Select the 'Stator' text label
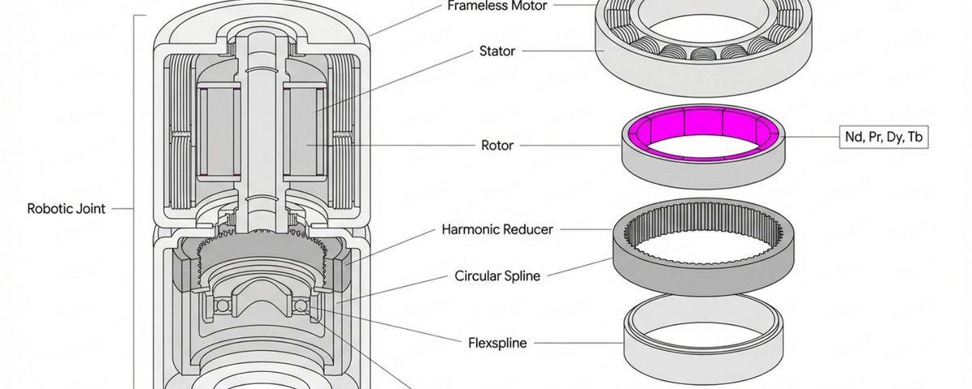tap(497, 51)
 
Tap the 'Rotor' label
tap(497, 146)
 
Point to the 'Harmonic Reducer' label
tap(497, 229)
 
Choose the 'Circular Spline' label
tap(497, 276)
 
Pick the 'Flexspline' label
tap(497, 343)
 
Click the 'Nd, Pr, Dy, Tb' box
tap(884, 138)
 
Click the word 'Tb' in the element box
tap(914, 138)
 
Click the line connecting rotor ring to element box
tap(810, 138)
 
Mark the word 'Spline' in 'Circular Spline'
tap(521, 276)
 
